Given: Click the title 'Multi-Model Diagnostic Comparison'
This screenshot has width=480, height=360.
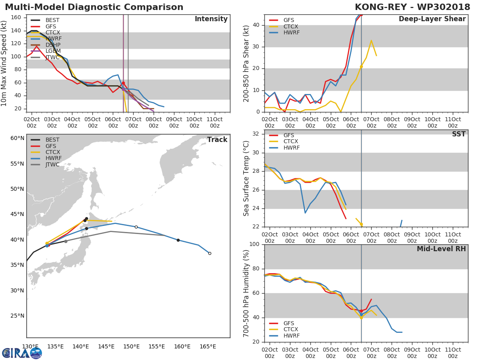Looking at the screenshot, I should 94,7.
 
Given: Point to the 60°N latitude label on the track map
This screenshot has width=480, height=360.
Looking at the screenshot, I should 17,138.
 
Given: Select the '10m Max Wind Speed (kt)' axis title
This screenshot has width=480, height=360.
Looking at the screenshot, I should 5,64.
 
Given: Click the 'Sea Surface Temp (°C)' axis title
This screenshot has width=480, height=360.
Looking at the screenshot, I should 247,178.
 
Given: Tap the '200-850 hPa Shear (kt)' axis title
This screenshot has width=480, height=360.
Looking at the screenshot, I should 247,64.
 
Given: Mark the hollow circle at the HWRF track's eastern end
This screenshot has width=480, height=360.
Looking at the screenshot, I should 210,253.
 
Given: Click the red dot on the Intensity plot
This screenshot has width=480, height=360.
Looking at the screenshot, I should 123,83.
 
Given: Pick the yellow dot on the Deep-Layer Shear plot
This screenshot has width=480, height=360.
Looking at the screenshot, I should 361,66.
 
